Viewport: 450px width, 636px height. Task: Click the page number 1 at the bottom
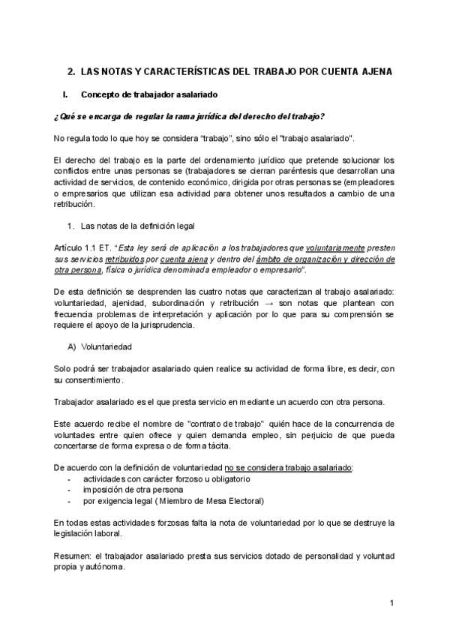pos(392,603)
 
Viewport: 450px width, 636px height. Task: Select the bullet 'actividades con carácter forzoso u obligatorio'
pos(166,478)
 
